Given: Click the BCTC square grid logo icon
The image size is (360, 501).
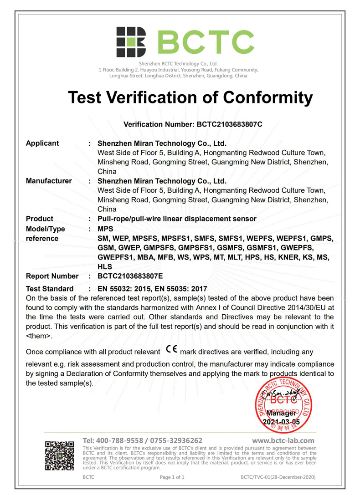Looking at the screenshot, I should click(131, 42).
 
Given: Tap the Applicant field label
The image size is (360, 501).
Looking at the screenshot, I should click(42, 143).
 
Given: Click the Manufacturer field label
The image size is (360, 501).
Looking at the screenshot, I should click(49, 181).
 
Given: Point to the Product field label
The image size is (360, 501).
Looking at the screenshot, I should click(40, 219).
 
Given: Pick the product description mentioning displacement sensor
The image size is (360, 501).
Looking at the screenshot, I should click(177, 219).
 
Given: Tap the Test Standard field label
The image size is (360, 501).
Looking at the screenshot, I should click(50, 289).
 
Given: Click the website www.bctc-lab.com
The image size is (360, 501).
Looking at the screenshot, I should click(283, 440).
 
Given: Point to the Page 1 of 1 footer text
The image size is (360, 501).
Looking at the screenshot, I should click(172, 477).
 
